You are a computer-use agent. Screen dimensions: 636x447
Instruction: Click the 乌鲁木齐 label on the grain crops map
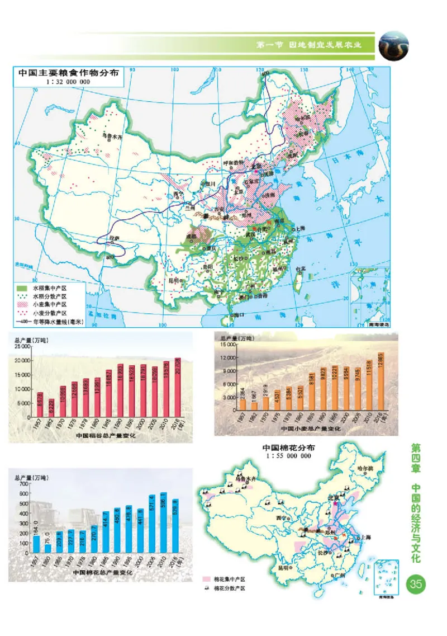[113, 135]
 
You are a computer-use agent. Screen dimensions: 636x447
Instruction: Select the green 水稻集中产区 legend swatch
[23, 288]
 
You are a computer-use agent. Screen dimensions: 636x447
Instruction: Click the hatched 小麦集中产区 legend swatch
[23, 305]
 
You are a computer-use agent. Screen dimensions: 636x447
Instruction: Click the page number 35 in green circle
[416, 585]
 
